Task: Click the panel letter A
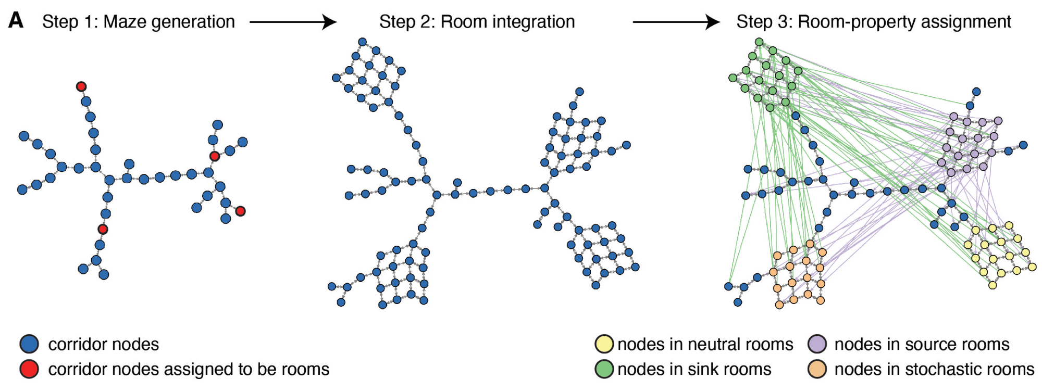(x=16, y=20)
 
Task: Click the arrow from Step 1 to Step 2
(x=293, y=22)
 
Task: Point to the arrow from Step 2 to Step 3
(x=676, y=22)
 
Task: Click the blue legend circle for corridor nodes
(x=29, y=344)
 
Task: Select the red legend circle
(x=29, y=369)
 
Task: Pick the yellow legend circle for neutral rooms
(x=604, y=344)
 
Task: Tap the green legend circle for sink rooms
(x=604, y=369)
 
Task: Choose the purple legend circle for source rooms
(x=817, y=344)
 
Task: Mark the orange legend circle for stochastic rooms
(x=817, y=369)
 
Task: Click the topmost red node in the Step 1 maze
(x=81, y=86)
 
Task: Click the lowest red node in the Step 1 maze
(x=103, y=229)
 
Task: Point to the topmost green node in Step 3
(x=759, y=42)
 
